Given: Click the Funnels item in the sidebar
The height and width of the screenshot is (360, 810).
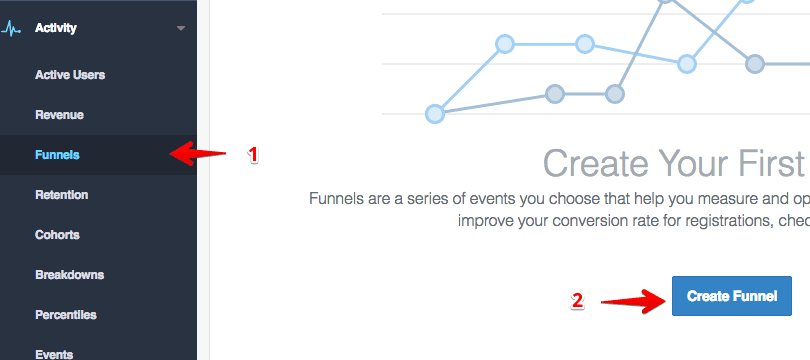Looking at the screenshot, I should [x=57, y=155].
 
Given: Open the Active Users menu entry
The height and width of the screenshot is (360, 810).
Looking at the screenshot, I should [x=69, y=75].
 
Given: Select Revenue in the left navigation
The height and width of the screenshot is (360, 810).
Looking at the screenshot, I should [x=59, y=115].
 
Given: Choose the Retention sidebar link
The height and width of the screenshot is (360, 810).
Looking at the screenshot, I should [x=61, y=195].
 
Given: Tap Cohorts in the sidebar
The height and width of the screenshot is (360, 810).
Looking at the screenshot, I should [x=57, y=235].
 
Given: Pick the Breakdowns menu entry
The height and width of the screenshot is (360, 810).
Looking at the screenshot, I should [x=69, y=275].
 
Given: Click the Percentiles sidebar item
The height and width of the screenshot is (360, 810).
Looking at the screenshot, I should [x=66, y=315].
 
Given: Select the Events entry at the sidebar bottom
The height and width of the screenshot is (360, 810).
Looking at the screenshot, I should [x=54, y=353].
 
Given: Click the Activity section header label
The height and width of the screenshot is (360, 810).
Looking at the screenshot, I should [x=56, y=28].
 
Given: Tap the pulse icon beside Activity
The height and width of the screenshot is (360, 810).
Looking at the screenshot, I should [x=12, y=28].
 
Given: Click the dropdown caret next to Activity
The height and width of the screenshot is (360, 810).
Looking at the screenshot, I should [x=181, y=28].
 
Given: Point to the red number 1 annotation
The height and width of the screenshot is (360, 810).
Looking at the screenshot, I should [x=253, y=155].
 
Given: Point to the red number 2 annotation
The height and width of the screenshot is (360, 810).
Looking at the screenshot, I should [x=577, y=299].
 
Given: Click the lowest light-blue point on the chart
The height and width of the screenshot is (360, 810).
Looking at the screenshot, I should [x=435, y=114].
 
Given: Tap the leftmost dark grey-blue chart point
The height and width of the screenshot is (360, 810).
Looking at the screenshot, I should [x=555, y=94].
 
